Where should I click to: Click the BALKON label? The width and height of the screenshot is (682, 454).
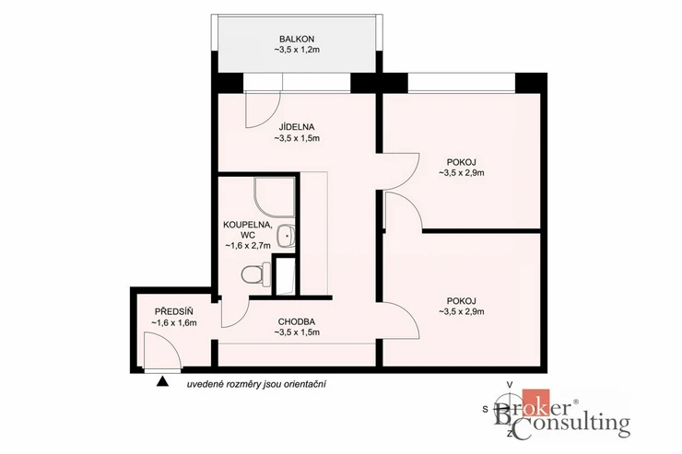pos(297,39)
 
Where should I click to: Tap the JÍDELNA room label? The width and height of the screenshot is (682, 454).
pos(297,127)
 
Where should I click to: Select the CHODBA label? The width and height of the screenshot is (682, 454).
pos(297,322)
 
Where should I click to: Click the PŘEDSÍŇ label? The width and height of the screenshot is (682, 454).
pos(174,311)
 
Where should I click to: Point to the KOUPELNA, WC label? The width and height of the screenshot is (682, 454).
pos(248,230)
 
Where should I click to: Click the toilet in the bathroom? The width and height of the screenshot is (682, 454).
pos(252,274)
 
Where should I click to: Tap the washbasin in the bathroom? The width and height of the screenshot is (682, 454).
pos(286,236)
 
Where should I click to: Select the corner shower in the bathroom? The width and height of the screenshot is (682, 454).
pos(274,198)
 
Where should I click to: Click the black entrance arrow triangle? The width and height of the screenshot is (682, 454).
pos(162,381)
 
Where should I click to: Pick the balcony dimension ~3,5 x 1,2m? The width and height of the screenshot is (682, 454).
pos(297,50)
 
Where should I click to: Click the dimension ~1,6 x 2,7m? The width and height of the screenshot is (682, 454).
pos(248,246)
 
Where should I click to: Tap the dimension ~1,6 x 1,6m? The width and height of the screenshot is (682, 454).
pos(174,323)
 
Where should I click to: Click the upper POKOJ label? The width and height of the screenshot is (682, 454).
pos(462,162)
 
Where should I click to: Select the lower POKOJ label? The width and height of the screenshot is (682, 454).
pos(462,300)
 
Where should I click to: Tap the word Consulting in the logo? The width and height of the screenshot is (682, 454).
pos(570,425)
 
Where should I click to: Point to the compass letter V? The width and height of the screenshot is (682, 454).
pos(510,384)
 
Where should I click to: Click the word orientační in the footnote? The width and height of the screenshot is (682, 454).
pos(308,384)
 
